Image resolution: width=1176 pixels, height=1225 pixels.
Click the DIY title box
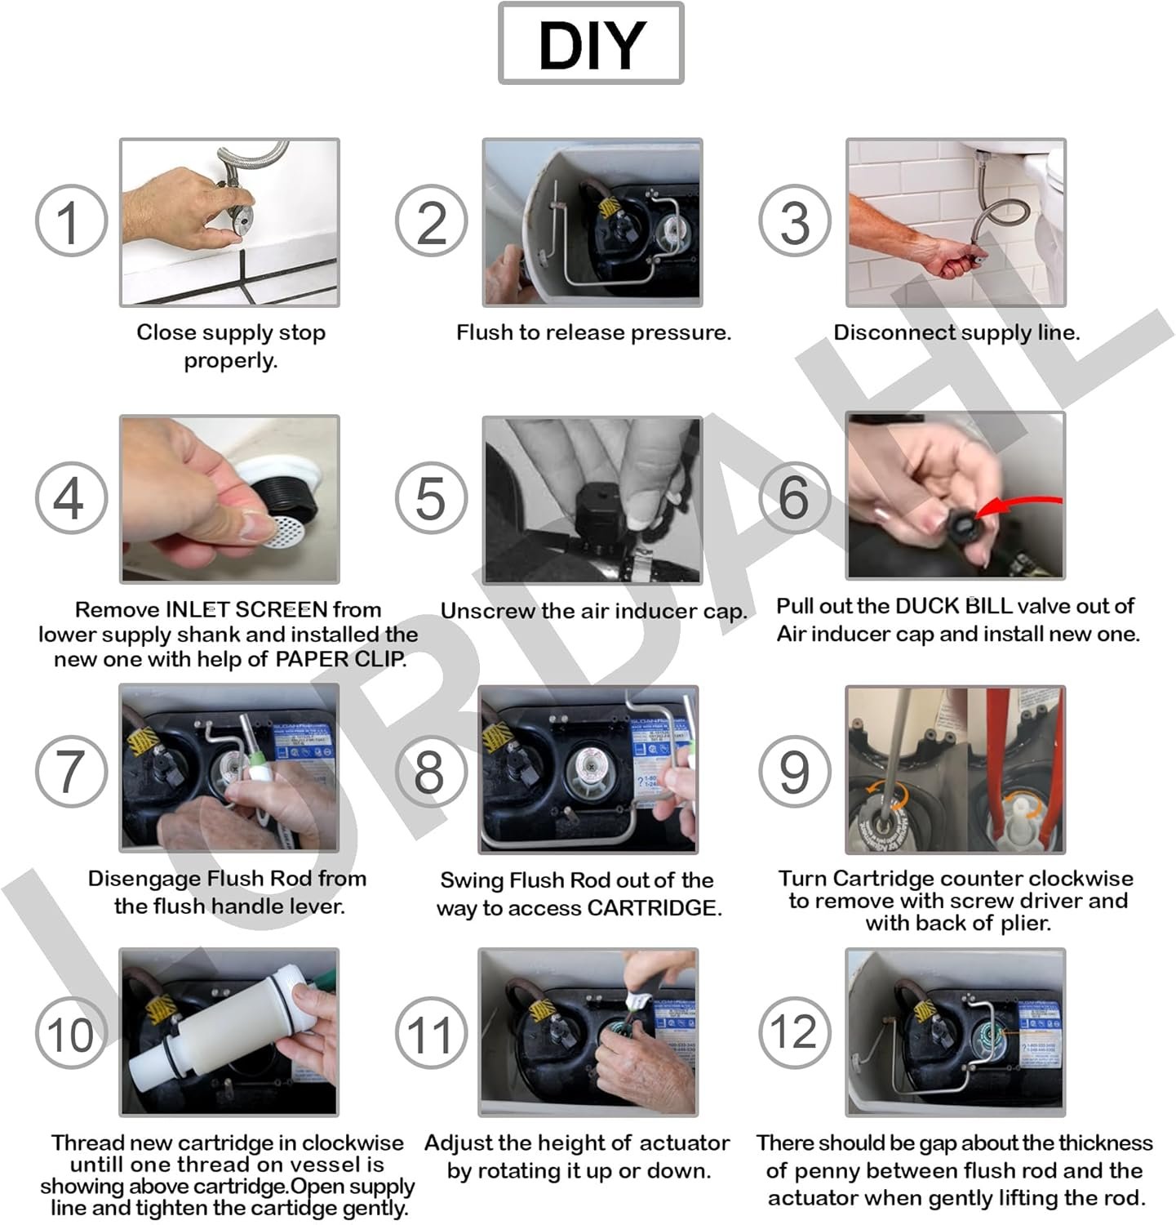point(591,43)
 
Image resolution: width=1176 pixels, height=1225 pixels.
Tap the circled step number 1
point(71,221)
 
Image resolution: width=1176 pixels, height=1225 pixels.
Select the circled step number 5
point(431,498)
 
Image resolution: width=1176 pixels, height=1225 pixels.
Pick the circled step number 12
point(794,1032)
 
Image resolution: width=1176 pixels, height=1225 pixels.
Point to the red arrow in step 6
point(1018,506)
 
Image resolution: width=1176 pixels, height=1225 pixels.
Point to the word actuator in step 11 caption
point(683,1143)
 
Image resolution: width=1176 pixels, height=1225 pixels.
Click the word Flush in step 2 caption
point(485,332)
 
